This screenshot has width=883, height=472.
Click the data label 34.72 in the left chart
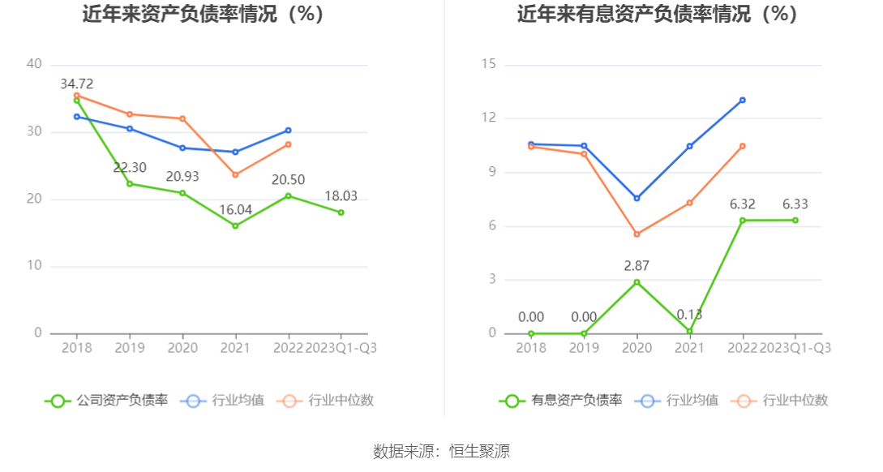(x=77, y=84)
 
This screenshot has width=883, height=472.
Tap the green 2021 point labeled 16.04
(x=235, y=225)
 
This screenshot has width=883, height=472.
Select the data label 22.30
(x=130, y=168)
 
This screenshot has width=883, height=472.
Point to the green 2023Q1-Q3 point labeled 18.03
(x=341, y=212)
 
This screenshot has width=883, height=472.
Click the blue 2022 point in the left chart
(x=288, y=130)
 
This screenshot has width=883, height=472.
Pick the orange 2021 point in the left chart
(x=235, y=175)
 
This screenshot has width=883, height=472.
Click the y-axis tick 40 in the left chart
(x=34, y=64)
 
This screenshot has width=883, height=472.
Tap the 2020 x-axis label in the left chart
(x=182, y=347)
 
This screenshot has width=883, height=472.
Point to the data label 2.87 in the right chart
(x=637, y=265)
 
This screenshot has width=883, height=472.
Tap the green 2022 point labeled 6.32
(x=742, y=220)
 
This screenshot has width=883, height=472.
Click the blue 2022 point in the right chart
(x=742, y=101)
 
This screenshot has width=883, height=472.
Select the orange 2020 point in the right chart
(x=637, y=234)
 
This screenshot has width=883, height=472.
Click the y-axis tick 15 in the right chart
(x=488, y=64)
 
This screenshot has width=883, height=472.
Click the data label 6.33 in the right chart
(x=795, y=204)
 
